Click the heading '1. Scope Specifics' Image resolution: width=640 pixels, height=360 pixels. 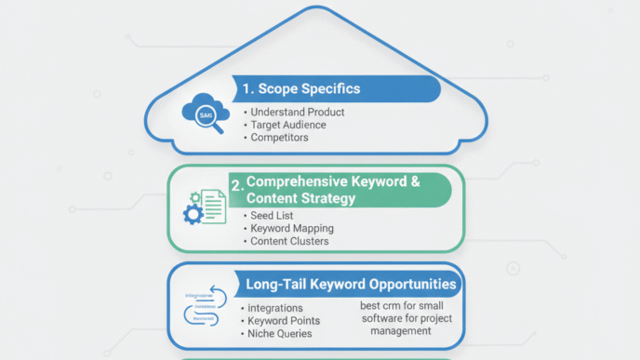tap(300, 89)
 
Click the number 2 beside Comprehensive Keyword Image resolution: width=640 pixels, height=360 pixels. tap(236, 185)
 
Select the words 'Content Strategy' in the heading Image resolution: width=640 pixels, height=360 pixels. tap(302, 198)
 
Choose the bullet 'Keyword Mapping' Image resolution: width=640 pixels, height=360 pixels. tap(292, 228)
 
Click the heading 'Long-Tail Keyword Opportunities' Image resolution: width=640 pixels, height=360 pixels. tap(351, 284)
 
